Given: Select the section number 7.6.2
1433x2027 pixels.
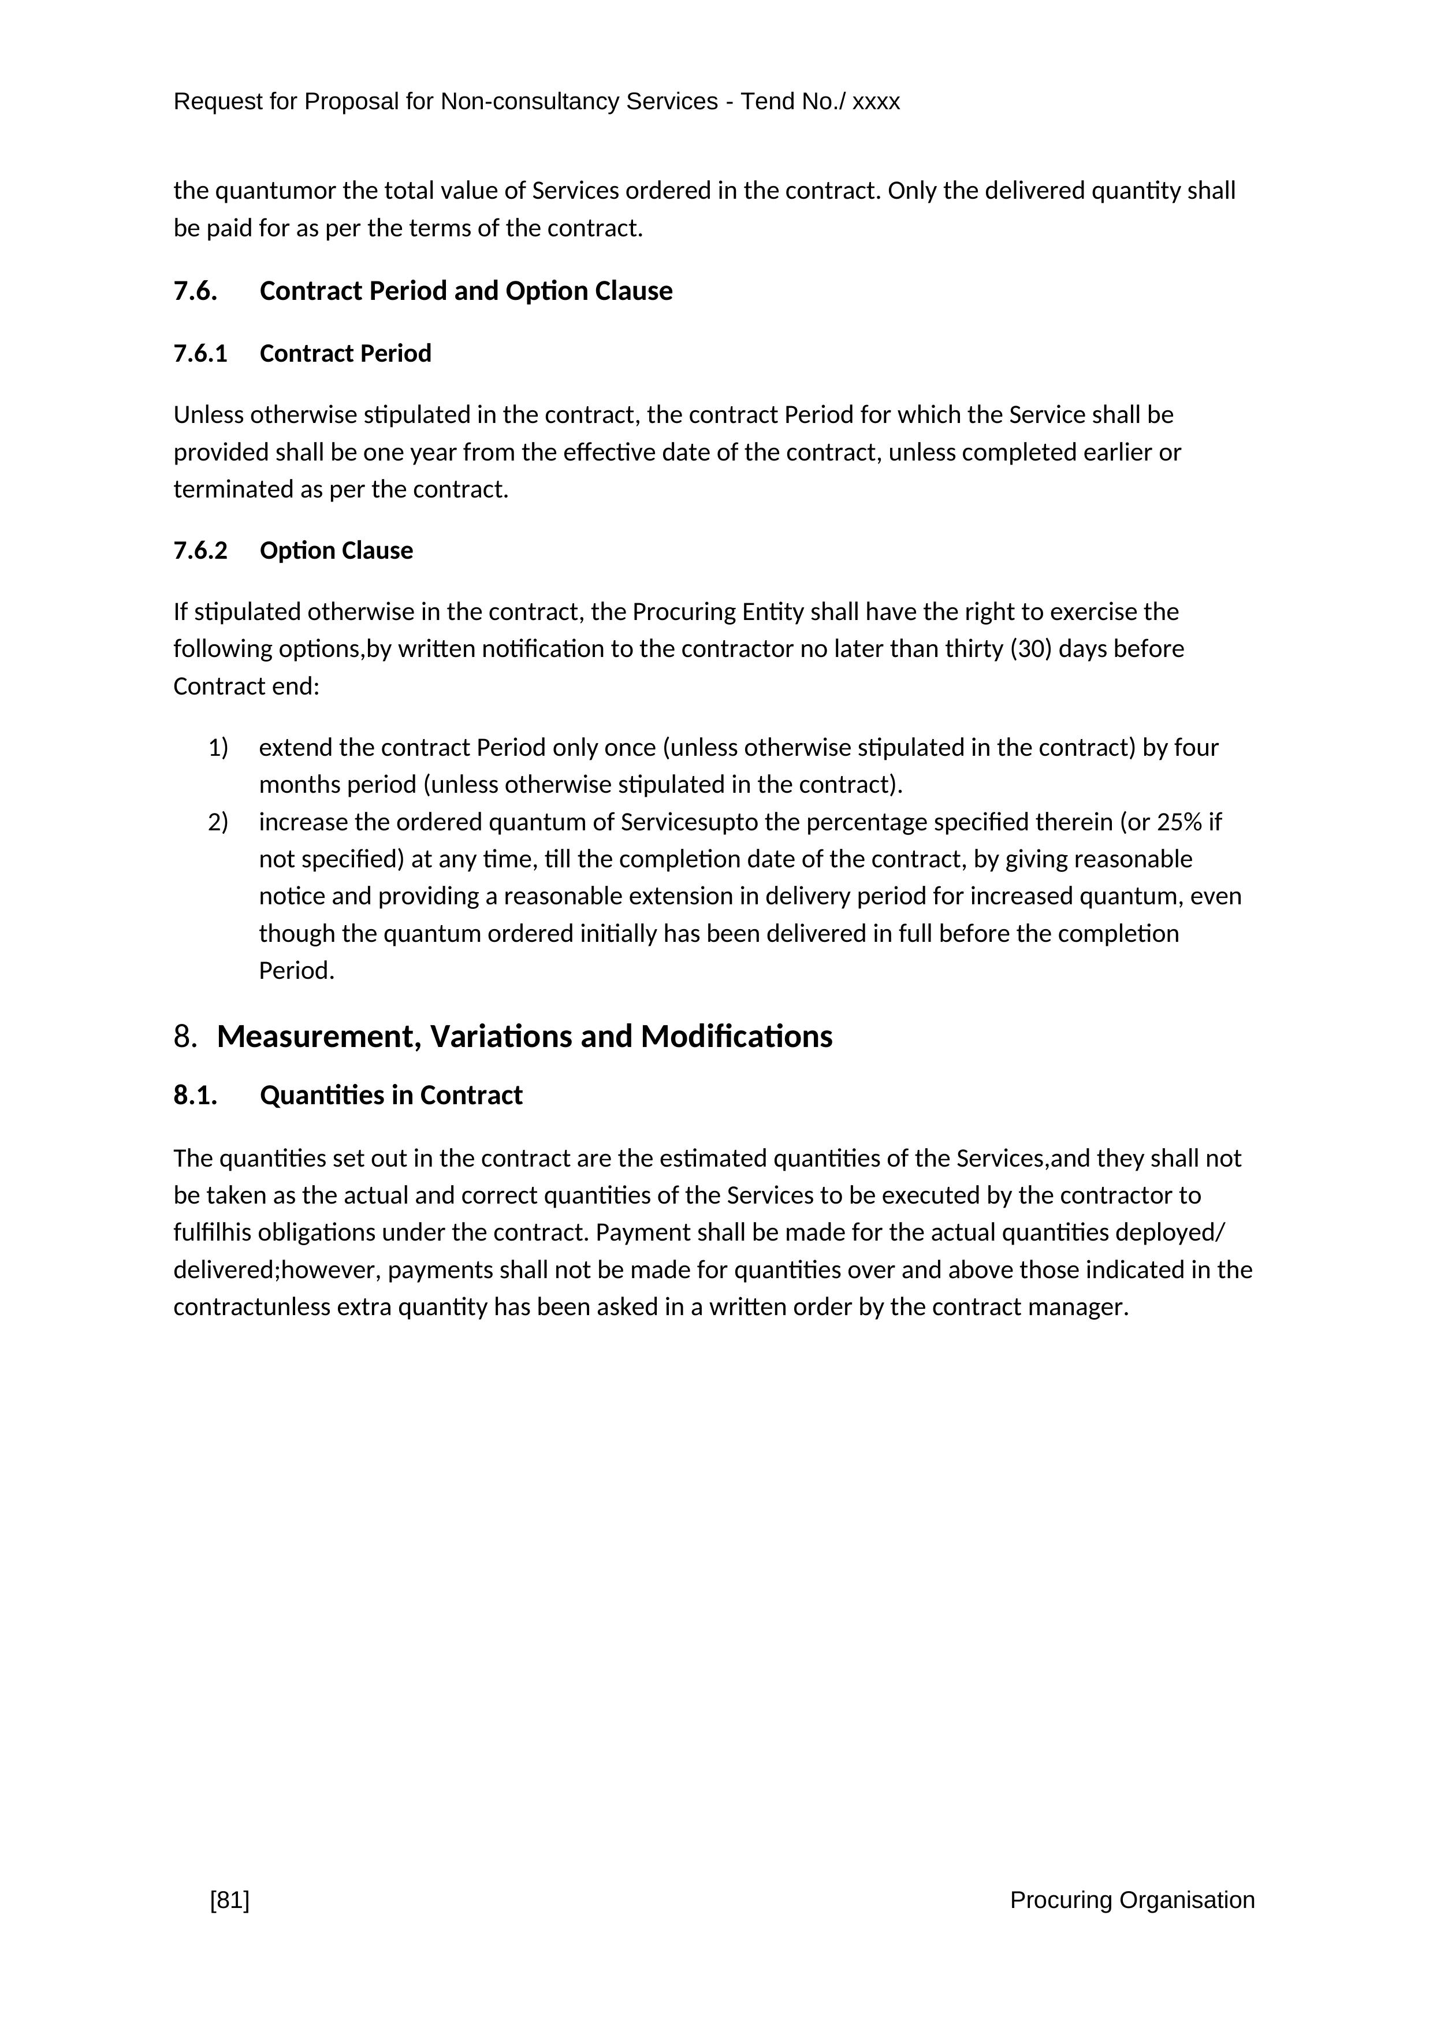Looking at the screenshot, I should [x=200, y=550].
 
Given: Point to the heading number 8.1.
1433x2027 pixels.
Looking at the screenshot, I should [x=195, y=1095].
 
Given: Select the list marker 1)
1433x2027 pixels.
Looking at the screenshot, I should [x=218, y=748].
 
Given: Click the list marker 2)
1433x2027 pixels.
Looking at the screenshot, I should [x=218, y=822].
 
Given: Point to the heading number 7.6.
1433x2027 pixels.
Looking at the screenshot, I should [x=195, y=291].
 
